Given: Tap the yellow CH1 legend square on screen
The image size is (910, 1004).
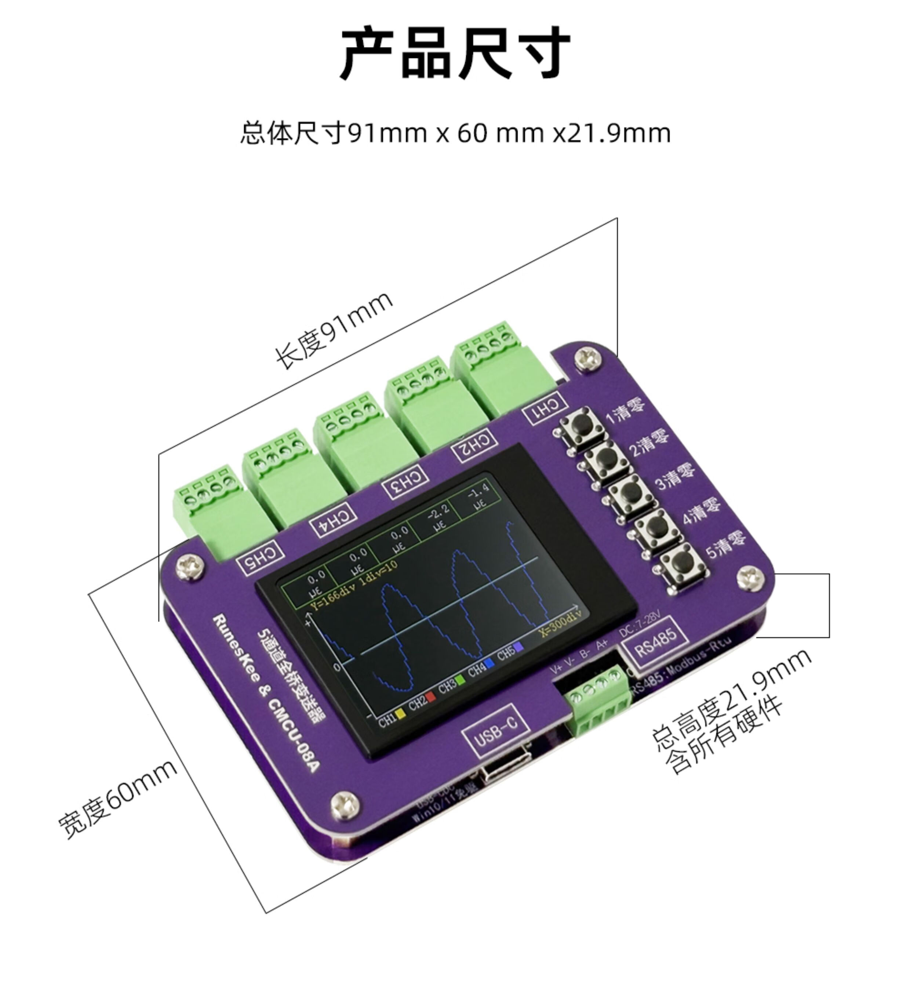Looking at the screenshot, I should click(x=401, y=713).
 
